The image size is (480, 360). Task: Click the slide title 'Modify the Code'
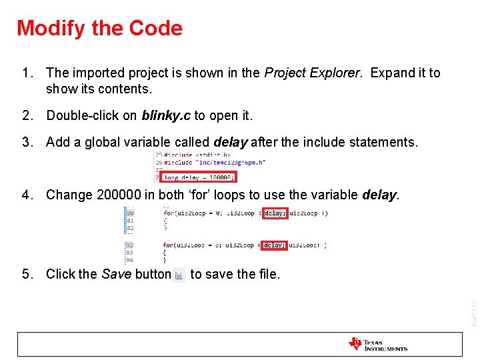click(99, 28)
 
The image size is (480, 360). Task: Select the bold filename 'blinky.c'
click(166, 115)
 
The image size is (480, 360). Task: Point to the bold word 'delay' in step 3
click(230, 142)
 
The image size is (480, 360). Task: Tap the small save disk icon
click(179, 275)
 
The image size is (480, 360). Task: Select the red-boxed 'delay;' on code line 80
click(274, 213)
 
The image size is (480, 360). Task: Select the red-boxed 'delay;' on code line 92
click(274, 245)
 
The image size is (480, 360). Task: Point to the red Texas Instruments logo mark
click(355, 344)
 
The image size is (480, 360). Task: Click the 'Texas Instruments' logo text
click(385, 345)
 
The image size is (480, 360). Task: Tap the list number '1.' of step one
click(27, 73)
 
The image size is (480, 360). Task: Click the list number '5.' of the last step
click(27, 274)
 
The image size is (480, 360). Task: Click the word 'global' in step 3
click(98, 142)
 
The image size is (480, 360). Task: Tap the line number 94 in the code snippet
click(129, 260)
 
